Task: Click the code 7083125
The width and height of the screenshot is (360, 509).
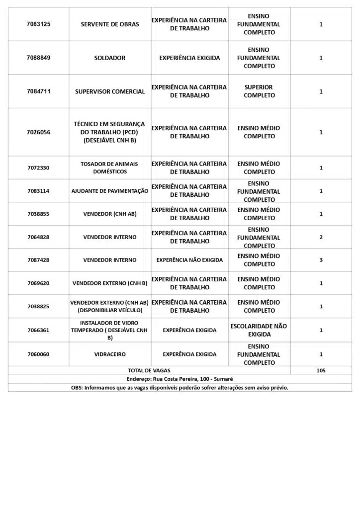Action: coord(38,24)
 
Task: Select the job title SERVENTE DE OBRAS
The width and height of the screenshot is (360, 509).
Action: coord(110,24)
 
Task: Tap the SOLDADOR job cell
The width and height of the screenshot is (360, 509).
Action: coord(110,58)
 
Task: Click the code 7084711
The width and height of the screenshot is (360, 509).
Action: coord(38,91)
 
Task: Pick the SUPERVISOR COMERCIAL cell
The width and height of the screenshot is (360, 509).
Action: coord(110,91)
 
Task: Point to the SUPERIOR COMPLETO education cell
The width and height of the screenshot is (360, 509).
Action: coord(259,91)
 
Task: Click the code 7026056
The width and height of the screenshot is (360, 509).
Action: coord(38,132)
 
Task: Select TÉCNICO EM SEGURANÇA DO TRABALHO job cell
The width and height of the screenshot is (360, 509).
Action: coord(110,132)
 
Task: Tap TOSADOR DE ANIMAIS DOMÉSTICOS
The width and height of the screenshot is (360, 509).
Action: coord(110,168)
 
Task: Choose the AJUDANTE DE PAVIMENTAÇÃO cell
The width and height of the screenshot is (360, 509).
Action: coord(110,191)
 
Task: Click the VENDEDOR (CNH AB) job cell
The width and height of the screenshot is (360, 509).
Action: coord(110,214)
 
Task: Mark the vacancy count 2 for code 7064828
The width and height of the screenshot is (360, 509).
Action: coord(321,237)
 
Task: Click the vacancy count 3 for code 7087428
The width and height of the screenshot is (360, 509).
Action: coord(321,260)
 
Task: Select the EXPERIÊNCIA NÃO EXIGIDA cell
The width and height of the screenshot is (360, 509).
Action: coord(189,260)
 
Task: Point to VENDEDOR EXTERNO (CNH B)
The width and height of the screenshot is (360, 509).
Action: coord(110,283)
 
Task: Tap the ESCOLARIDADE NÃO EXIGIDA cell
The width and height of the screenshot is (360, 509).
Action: coord(259,330)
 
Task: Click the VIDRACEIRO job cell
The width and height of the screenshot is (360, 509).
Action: coord(110,354)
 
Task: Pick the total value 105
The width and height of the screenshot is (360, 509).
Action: coord(321,370)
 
